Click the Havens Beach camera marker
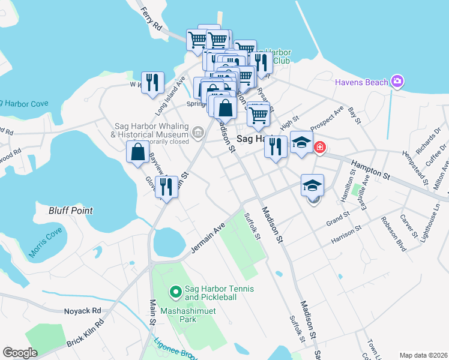(396, 81)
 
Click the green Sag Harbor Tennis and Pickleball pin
(175, 292)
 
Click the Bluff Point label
(71, 211)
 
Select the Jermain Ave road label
(207, 237)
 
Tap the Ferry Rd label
(150, 19)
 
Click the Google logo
(20, 353)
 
